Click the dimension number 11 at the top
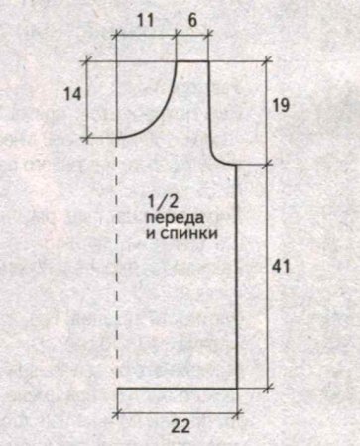pyautogui.click(x=146, y=20)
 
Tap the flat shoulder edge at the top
pyautogui.click(x=194, y=61)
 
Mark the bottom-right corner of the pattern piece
pyautogui.click(x=238, y=389)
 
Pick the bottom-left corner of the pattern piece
pyautogui.click(x=117, y=389)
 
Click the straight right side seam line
pyautogui.click(x=238, y=278)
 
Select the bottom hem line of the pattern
pyautogui.click(x=179, y=389)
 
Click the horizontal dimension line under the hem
pyautogui.click(x=179, y=409)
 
